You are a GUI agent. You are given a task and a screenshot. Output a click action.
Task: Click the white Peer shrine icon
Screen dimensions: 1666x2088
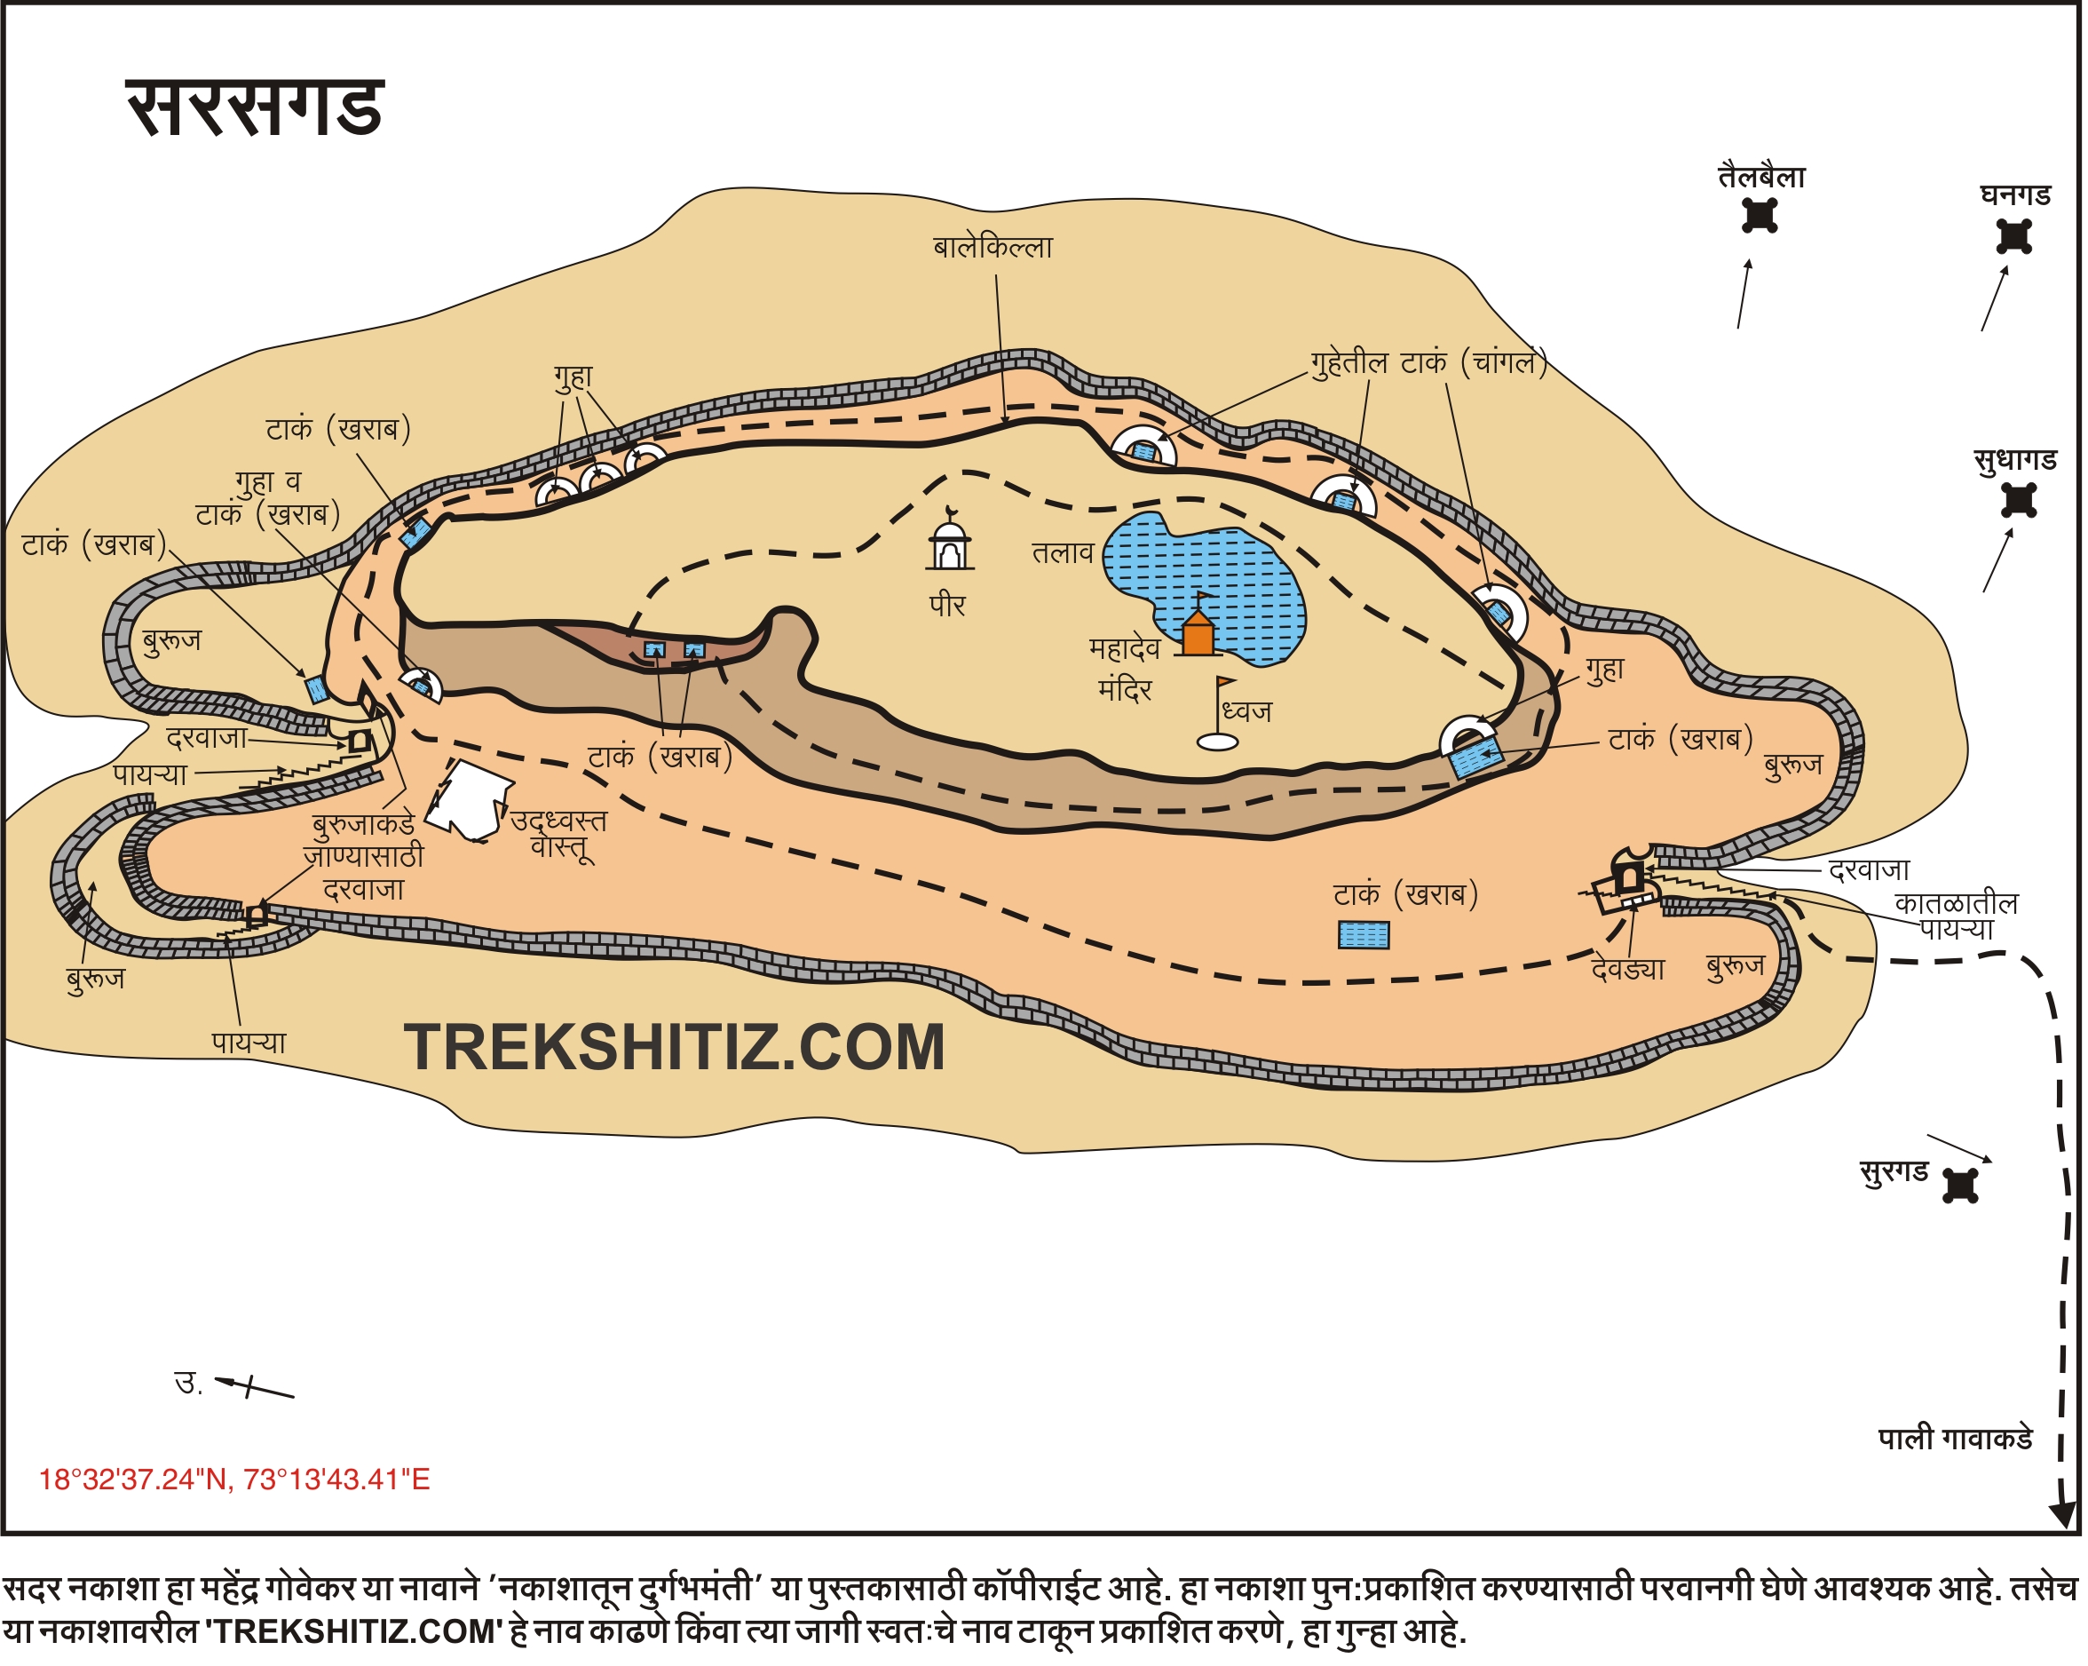click(x=950, y=544)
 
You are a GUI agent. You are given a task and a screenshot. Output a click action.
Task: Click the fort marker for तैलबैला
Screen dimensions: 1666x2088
click(x=1760, y=215)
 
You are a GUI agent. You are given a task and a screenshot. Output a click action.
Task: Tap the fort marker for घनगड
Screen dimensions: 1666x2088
click(x=2014, y=236)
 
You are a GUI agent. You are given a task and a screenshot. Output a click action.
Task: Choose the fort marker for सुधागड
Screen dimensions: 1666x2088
click(x=2020, y=501)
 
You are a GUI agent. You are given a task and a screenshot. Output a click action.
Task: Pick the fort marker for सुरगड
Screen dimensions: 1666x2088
click(x=1961, y=1186)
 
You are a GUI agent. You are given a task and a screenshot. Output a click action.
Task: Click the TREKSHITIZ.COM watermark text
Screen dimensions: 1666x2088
click(x=674, y=1048)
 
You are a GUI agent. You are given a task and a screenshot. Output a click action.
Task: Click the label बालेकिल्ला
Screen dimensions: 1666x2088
click(x=993, y=248)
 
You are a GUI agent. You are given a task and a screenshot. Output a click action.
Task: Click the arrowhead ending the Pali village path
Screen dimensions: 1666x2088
click(x=2060, y=1516)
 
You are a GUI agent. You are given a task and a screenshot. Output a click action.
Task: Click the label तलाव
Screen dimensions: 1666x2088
click(x=1063, y=553)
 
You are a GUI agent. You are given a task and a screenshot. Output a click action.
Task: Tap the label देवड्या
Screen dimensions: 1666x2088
click(x=1628, y=970)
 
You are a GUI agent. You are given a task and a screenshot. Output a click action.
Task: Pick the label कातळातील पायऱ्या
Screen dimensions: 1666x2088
click(x=1957, y=916)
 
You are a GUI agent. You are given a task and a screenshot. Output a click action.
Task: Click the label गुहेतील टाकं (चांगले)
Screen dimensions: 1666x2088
click(x=1428, y=363)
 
